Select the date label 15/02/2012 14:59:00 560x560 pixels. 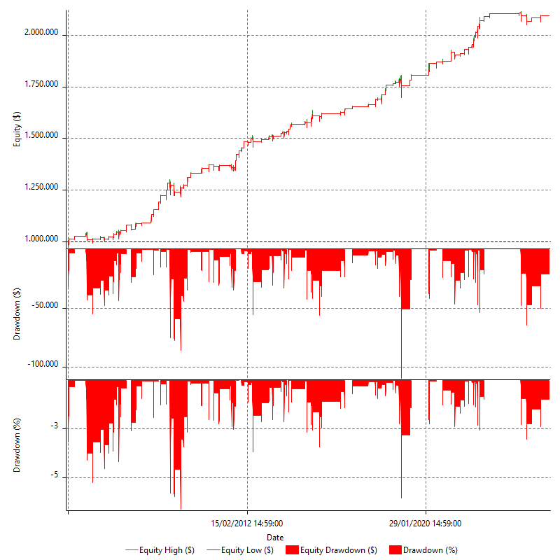point(247,523)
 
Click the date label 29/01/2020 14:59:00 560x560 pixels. point(426,523)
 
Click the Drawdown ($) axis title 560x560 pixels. point(17,314)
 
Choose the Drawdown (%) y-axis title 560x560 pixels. point(17,446)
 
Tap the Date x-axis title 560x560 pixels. point(274,537)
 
